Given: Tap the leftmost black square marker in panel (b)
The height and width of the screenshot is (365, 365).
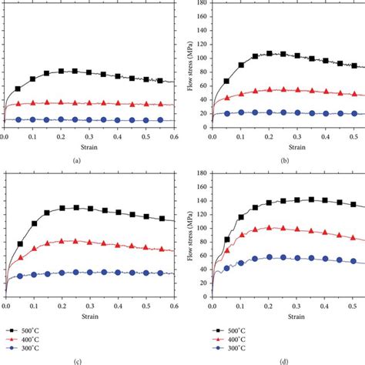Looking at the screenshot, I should pyautogui.click(x=227, y=81).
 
